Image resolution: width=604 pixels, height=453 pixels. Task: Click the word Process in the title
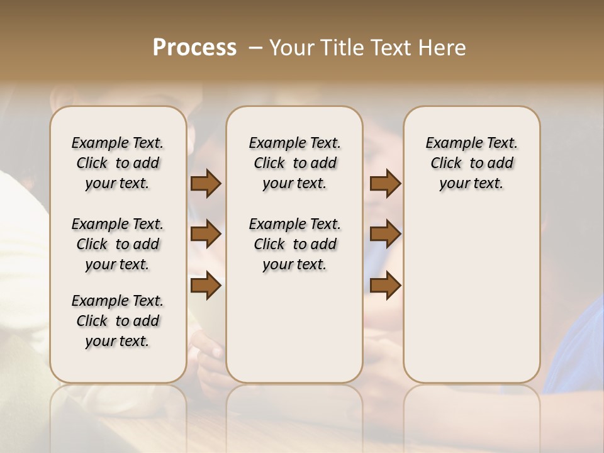(x=194, y=47)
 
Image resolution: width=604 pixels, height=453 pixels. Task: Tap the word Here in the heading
(x=443, y=47)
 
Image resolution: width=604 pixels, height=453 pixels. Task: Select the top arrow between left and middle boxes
(x=206, y=183)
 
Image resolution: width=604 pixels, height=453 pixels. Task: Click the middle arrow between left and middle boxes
(x=206, y=234)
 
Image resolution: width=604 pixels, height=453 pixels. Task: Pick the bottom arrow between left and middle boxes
(x=206, y=285)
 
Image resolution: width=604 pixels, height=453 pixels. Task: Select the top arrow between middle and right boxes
(x=385, y=183)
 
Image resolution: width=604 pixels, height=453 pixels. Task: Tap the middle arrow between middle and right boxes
(x=385, y=234)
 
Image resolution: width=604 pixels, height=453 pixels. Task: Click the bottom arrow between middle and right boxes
(x=385, y=285)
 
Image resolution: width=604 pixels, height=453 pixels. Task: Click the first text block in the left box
(x=118, y=163)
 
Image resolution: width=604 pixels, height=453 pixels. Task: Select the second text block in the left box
(x=118, y=244)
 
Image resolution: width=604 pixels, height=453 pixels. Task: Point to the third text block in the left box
(x=118, y=321)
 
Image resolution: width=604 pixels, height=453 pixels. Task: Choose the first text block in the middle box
(x=294, y=163)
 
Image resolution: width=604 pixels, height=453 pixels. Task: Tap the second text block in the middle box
(x=294, y=244)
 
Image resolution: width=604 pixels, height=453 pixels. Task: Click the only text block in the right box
(x=471, y=163)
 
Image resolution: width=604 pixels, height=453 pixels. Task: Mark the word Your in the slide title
(x=289, y=47)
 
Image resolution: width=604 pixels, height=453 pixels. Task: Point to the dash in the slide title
(x=255, y=47)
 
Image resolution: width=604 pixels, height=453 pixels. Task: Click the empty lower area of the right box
(x=471, y=296)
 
